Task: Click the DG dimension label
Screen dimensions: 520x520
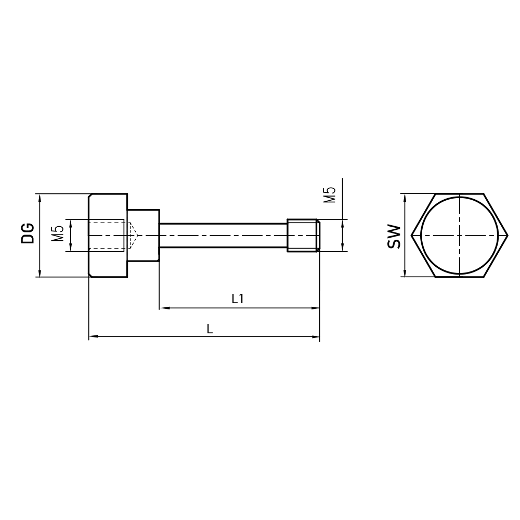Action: [x=28, y=233]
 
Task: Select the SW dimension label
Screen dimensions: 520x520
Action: [x=394, y=236]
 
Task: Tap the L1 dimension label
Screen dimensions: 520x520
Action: [x=238, y=298]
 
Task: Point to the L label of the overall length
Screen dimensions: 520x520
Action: [x=209, y=329]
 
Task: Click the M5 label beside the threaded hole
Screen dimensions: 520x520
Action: [x=58, y=235]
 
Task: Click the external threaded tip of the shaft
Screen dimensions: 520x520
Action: [x=303, y=236]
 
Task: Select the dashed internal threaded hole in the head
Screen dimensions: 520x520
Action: [x=107, y=236]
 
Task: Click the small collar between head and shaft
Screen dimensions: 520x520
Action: [x=143, y=236]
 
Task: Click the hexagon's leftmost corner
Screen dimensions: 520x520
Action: [x=412, y=236]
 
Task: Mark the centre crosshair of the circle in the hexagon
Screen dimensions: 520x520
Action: [x=460, y=236]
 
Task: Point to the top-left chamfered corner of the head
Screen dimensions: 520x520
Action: [x=90, y=196]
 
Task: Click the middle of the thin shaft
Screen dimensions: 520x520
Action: [x=224, y=236]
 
